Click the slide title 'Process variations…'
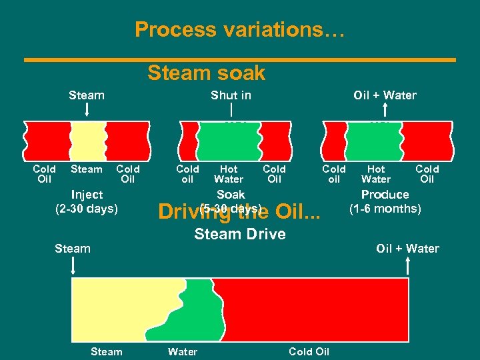[x=239, y=29]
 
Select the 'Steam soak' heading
[x=206, y=72]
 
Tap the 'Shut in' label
[x=231, y=95]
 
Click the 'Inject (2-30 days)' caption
[x=87, y=201]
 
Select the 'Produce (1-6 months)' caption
[x=385, y=201]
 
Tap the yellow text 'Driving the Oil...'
[x=239, y=212]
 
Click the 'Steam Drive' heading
[x=239, y=234]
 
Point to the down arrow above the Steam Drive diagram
[x=73, y=265]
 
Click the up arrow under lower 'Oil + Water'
[x=407, y=265]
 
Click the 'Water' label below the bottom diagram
[x=182, y=351]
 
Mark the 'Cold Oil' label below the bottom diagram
[x=309, y=351]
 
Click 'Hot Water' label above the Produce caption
[x=376, y=174]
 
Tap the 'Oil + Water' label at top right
[x=385, y=95]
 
